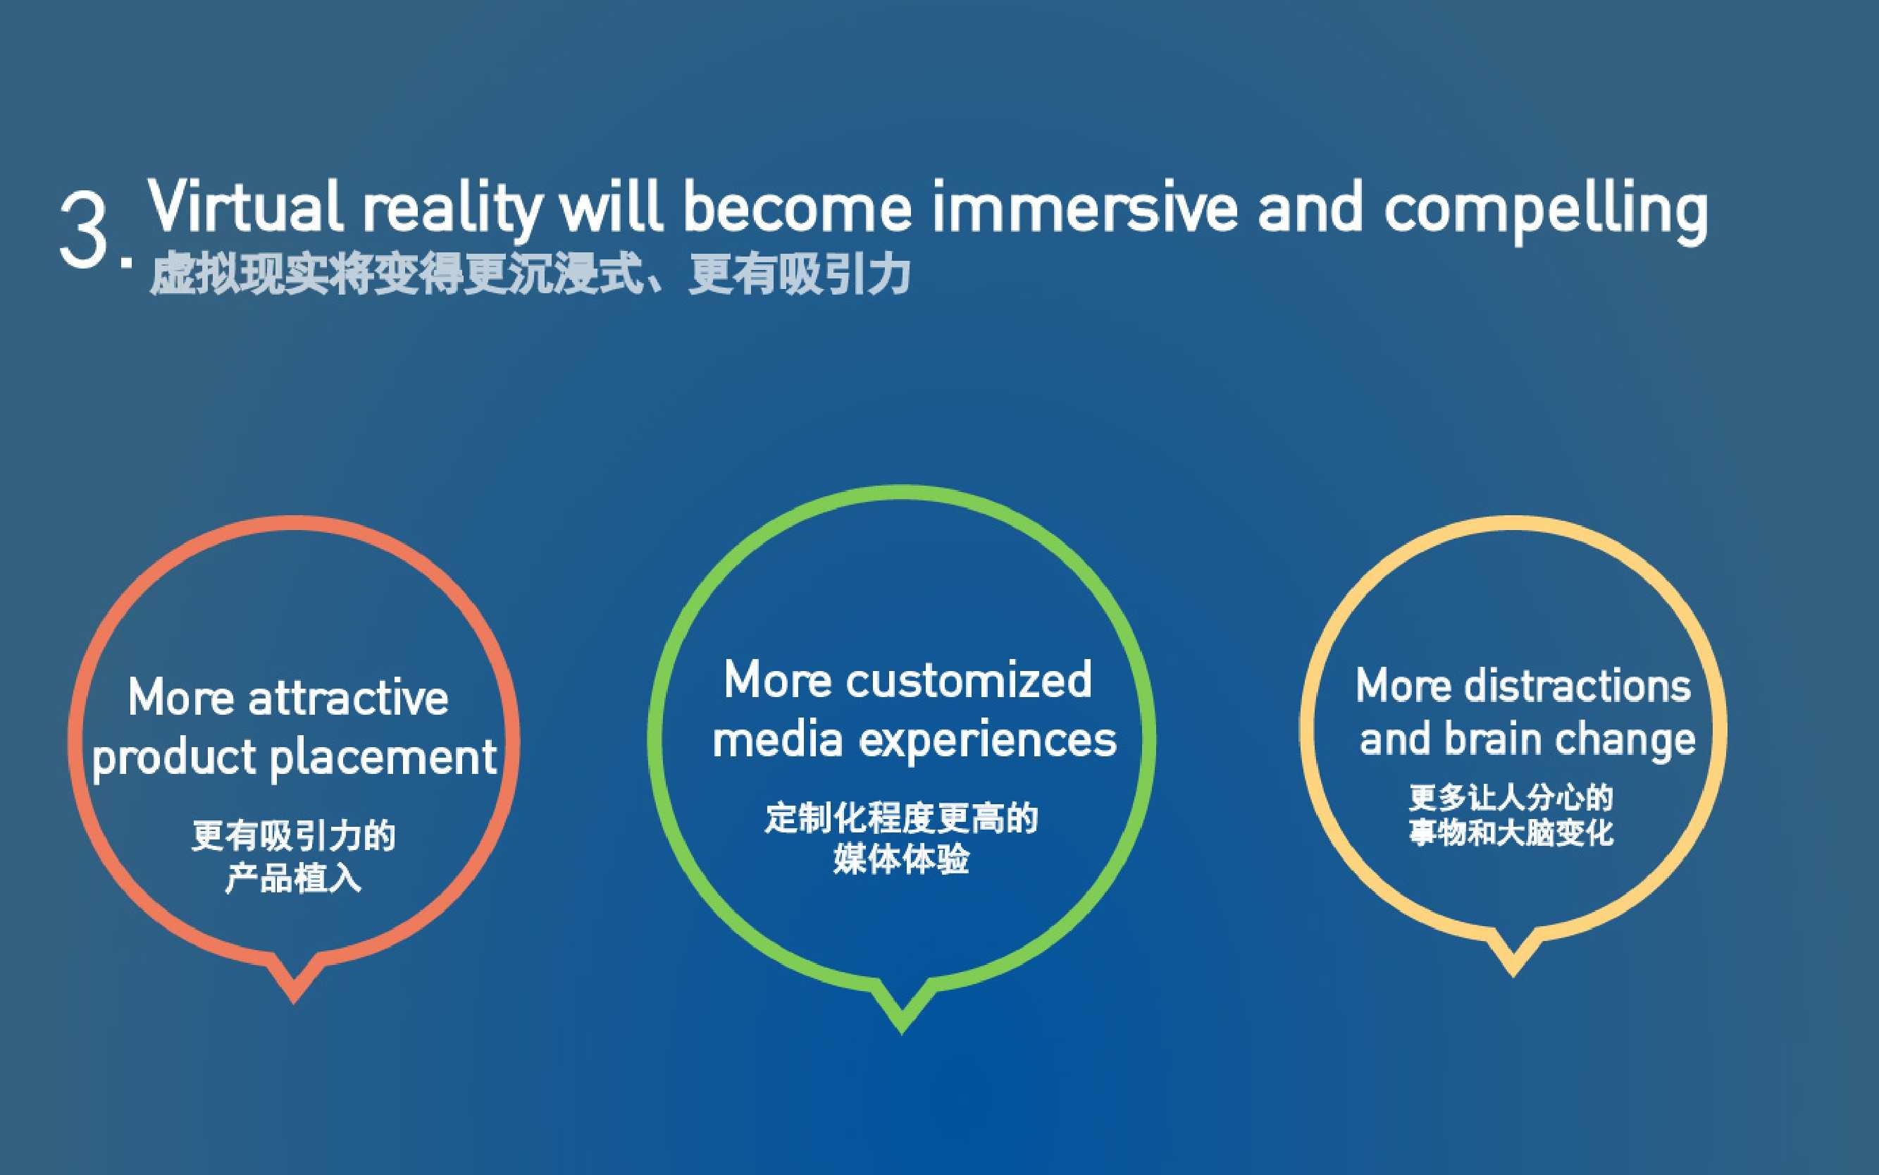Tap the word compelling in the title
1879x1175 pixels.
(x=1545, y=212)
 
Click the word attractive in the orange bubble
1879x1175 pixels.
(x=348, y=698)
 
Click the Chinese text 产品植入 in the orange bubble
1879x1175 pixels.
(x=293, y=879)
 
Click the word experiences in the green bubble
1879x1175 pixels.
(x=987, y=741)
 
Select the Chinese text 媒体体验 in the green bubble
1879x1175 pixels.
(x=901, y=860)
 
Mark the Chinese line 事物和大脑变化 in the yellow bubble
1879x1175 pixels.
(x=1512, y=834)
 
